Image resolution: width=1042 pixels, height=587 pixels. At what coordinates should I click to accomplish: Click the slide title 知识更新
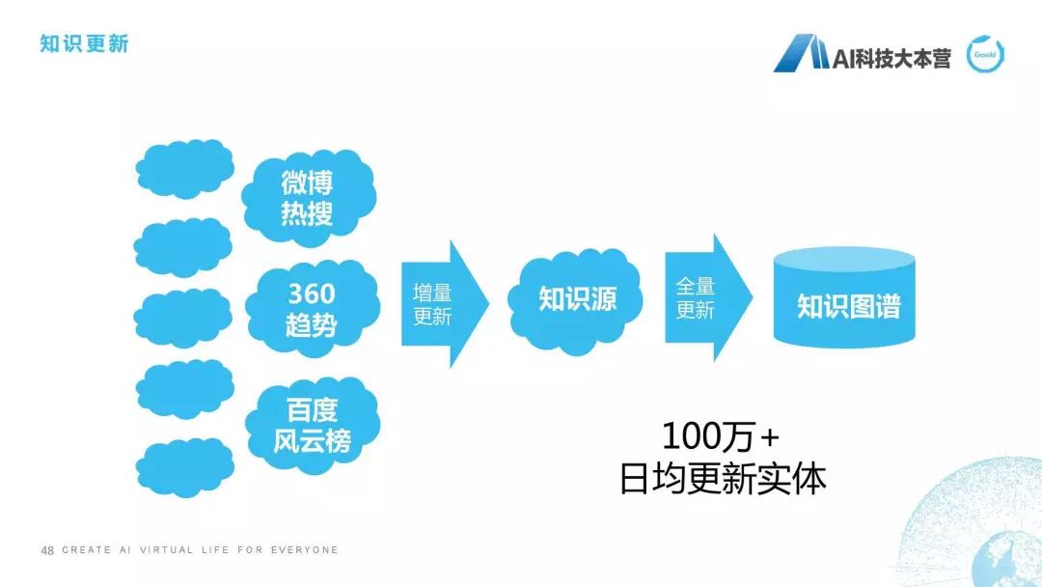tap(84, 44)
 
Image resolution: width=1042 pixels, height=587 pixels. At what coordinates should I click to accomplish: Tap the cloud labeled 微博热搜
tap(307, 197)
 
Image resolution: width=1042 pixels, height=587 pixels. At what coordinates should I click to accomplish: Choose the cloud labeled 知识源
tap(577, 298)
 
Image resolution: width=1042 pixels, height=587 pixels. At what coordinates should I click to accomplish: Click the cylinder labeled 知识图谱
tap(845, 299)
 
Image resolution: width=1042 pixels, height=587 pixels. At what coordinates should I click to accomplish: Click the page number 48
tap(46, 550)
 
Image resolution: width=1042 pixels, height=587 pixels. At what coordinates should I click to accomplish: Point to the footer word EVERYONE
tap(307, 550)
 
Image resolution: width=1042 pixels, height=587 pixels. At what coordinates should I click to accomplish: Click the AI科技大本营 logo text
tap(891, 58)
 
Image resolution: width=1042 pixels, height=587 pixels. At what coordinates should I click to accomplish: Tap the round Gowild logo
tap(986, 55)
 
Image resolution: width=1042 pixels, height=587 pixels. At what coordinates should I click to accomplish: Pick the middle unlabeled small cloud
tap(183, 317)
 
